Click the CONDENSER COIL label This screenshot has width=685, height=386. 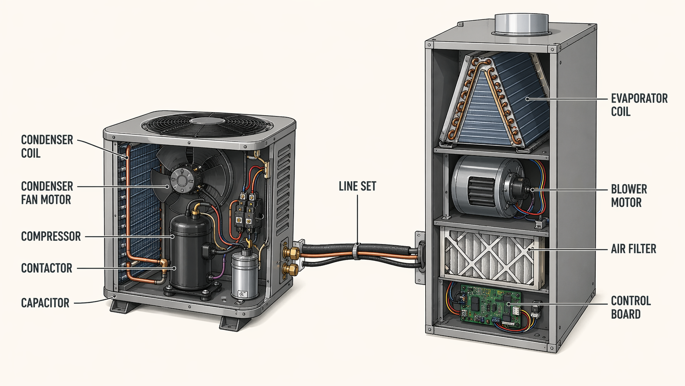tap(47, 146)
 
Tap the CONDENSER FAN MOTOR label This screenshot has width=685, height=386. tap(47, 193)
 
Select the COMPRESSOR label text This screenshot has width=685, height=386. tap(51, 236)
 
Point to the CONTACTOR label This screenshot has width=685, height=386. tap(47, 268)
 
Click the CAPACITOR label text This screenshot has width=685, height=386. tap(45, 303)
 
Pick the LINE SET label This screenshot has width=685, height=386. tap(357, 186)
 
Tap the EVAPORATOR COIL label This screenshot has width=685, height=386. tap(639, 105)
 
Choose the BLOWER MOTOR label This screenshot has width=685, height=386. tap(629, 196)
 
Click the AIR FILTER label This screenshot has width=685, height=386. tap(633, 249)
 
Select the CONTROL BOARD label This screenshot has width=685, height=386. tap(631, 308)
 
